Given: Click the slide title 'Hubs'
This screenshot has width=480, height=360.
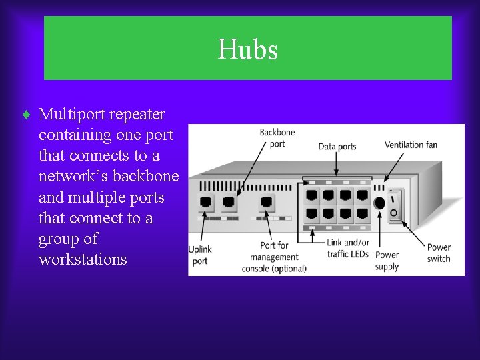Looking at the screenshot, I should tap(247, 49).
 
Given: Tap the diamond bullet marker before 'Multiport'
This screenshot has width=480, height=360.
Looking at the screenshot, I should tap(26, 115).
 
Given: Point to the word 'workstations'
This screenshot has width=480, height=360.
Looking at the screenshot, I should tap(83, 259).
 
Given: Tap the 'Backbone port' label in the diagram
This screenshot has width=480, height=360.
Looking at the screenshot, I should tap(277, 138).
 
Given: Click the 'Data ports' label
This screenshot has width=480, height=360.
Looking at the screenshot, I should tap(337, 147).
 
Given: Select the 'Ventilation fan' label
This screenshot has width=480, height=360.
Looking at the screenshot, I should tap(411, 145).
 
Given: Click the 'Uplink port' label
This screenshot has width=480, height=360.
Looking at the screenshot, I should tap(200, 255).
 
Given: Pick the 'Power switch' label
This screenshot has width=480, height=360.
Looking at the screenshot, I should tap(439, 253).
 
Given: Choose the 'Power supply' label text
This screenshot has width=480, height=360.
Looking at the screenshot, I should tap(387, 261).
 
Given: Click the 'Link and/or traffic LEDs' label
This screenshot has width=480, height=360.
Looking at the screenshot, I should tap(347, 248).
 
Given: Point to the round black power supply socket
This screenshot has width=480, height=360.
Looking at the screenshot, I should tap(379, 203).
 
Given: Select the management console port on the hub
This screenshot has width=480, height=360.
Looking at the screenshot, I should tap(267, 202).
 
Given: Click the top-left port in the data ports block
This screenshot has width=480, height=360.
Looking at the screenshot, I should tap(312, 196).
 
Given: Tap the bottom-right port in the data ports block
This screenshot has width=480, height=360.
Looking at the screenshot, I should tap(362, 215).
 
